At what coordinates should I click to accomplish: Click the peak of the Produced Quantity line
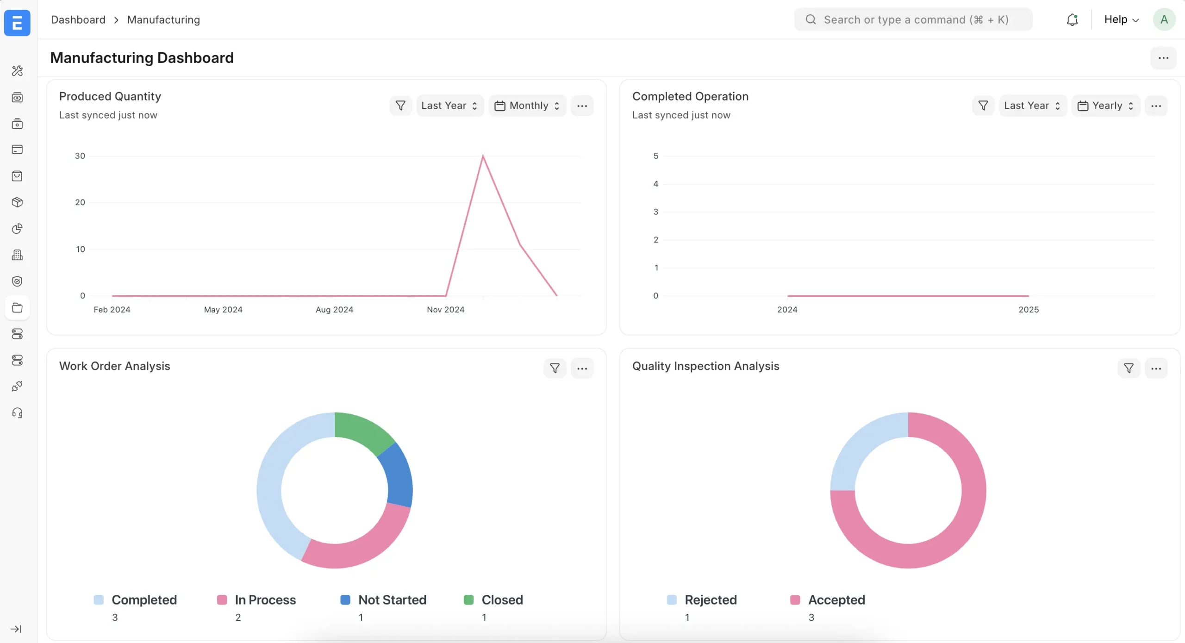pos(483,156)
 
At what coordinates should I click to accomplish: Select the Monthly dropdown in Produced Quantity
pos(527,106)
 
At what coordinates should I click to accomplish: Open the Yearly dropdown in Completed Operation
pos(1105,106)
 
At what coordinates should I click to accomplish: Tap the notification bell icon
pos(1072,20)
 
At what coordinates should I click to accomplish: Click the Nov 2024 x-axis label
pos(445,310)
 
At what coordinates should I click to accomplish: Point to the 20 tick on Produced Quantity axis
pos(80,202)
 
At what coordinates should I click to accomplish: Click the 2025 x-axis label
pos(1029,310)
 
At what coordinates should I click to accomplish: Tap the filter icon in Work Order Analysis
pos(555,368)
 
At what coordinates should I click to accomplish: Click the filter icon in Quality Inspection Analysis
pos(1129,368)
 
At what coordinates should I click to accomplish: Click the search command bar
pos(913,20)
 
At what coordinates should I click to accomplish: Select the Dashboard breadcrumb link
pos(78,20)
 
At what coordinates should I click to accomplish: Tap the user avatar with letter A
pos(1164,20)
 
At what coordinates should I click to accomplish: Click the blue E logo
pos(17,23)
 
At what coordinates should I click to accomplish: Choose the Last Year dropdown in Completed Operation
pos(1032,106)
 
